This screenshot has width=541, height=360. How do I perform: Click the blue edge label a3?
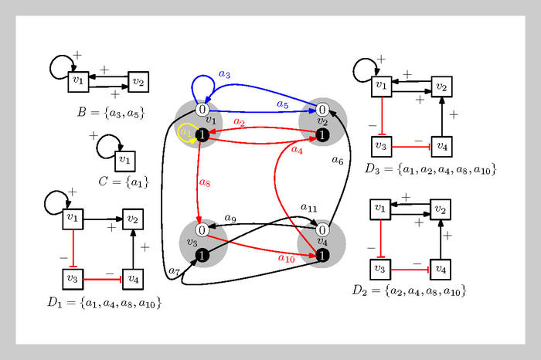[x=224, y=75]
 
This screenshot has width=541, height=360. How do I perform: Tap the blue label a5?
[x=283, y=104]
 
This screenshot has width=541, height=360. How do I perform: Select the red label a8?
[x=205, y=183]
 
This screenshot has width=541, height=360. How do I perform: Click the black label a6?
[x=337, y=161]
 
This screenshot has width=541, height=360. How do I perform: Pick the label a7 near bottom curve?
[x=174, y=271]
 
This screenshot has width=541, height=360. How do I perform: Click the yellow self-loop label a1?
[x=185, y=133]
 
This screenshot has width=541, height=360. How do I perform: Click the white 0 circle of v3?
[x=201, y=229]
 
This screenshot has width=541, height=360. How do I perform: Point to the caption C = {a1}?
[x=124, y=182]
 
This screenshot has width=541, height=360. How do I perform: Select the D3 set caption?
[x=430, y=168]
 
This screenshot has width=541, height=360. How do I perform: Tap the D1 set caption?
[x=104, y=303]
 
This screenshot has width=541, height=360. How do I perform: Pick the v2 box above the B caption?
[x=138, y=80]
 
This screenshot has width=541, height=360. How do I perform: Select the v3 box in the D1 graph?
[x=72, y=277]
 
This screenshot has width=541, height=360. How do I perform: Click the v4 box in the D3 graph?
[x=440, y=144]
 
